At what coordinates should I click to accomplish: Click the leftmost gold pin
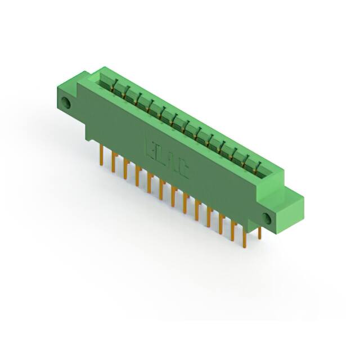101,154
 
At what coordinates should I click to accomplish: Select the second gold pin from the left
113,163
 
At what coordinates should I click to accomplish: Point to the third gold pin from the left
125,169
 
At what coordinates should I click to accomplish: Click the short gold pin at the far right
259,232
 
